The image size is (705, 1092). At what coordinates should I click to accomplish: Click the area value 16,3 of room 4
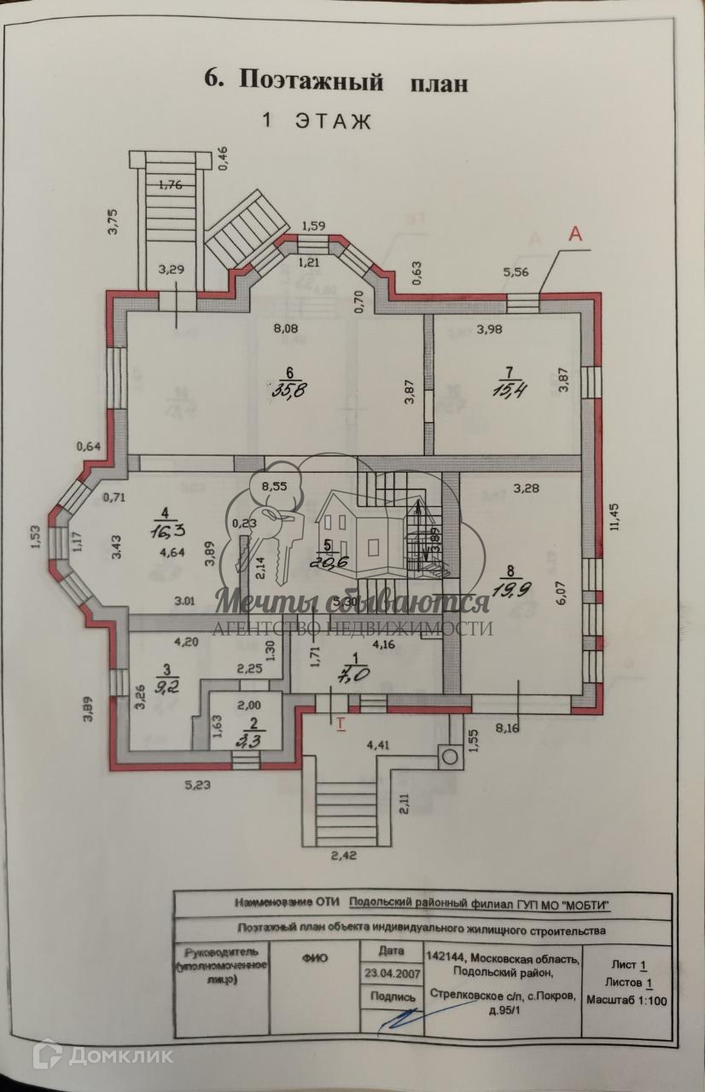click(x=165, y=531)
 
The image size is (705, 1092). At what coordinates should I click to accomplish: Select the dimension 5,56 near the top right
click(x=517, y=273)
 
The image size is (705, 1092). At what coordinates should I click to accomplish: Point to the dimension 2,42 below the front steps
click(x=342, y=855)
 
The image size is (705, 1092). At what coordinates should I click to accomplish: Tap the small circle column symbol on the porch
click(x=446, y=754)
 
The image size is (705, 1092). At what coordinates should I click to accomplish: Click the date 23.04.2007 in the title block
click(x=389, y=971)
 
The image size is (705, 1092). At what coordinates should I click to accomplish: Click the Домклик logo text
click(x=119, y=1055)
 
